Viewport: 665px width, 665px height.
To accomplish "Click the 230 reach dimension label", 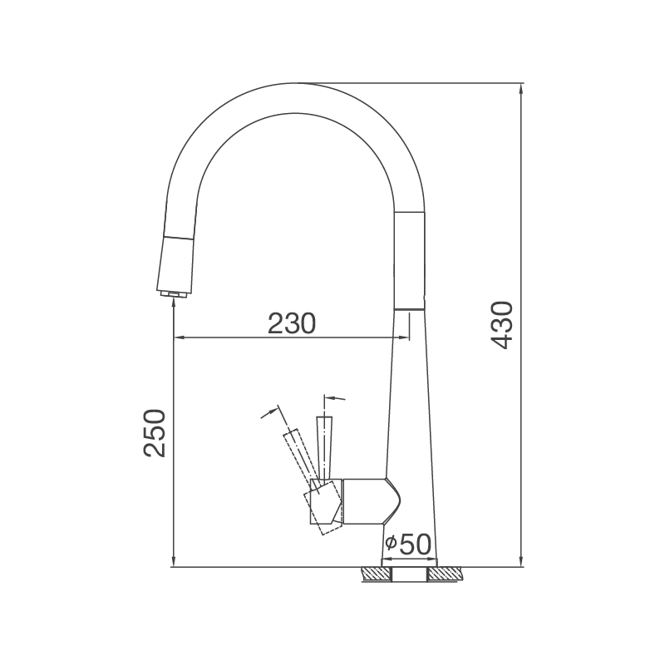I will click(x=292, y=323).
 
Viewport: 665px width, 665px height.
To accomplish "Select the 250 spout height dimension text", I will click(x=157, y=433).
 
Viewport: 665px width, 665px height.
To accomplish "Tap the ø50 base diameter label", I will click(x=408, y=544).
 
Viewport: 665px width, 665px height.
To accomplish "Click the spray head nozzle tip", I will click(x=173, y=293).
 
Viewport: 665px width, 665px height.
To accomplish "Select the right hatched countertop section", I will click(x=446, y=574).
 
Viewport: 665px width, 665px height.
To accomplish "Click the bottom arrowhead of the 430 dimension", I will click(x=520, y=562).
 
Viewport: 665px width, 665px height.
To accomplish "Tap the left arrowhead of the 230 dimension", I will click(x=178, y=337).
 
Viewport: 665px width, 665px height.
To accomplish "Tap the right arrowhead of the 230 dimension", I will click(x=403, y=337).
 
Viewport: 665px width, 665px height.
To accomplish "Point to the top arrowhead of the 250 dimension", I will click(x=172, y=303).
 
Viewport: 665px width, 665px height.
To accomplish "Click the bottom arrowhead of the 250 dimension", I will click(x=172, y=562).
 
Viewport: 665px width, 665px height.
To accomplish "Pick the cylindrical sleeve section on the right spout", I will click(x=411, y=259).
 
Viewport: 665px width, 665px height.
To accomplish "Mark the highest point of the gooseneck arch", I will click(x=300, y=84).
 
